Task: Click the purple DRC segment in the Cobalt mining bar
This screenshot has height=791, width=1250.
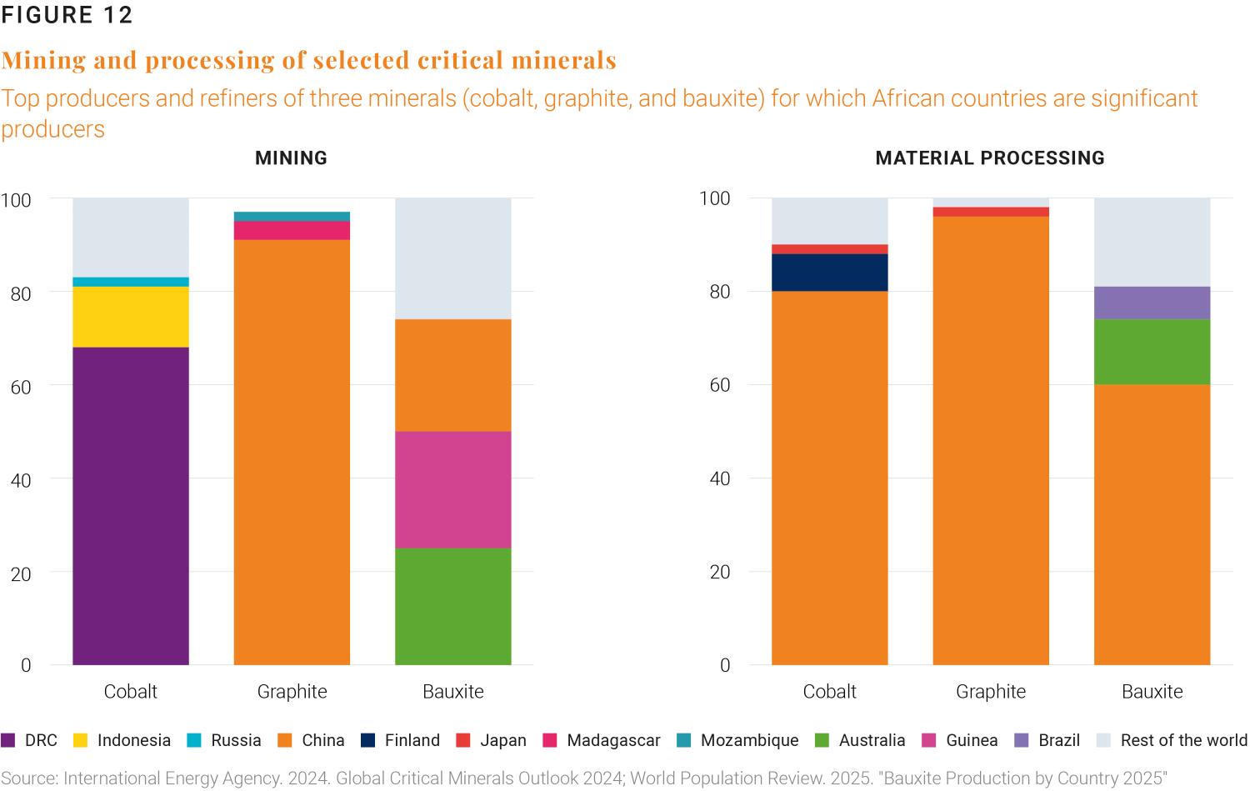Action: pyautogui.click(x=131, y=505)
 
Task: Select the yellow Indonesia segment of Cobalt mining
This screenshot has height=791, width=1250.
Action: pyautogui.click(x=131, y=317)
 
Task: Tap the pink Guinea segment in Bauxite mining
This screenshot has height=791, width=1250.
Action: pyautogui.click(x=452, y=489)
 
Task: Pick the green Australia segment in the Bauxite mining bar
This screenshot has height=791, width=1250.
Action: pyautogui.click(x=452, y=606)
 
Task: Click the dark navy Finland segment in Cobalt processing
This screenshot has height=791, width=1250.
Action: pyautogui.click(x=829, y=273)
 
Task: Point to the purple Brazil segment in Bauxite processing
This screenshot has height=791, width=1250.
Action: pyautogui.click(x=1152, y=303)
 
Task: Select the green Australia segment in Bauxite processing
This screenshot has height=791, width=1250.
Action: pyautogui.click(x=1152, y=352)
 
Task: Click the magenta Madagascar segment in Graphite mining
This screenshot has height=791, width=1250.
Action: pyautogui.click(x=292, y=231)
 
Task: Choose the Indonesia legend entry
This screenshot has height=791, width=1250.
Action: pyautogui.click(x=133, y=740)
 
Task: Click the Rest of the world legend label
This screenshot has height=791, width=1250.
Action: pyautogui.click(x=1183, y=740)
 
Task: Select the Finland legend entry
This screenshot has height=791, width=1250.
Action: pyautogui.click(x=412, y=740)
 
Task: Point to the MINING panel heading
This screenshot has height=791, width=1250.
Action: pyautogui.click(x=291, y=158)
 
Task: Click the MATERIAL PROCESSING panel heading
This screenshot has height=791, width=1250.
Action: pyautogui.click(x=990, y=158)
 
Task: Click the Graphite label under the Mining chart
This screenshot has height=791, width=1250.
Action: pyautogui.click(x=292, y=691)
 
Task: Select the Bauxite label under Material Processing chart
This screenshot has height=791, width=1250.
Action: pyautogui.click(x=1152, y=691)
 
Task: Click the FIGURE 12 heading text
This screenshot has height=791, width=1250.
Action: pyautogui.click(x=67, y=16)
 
